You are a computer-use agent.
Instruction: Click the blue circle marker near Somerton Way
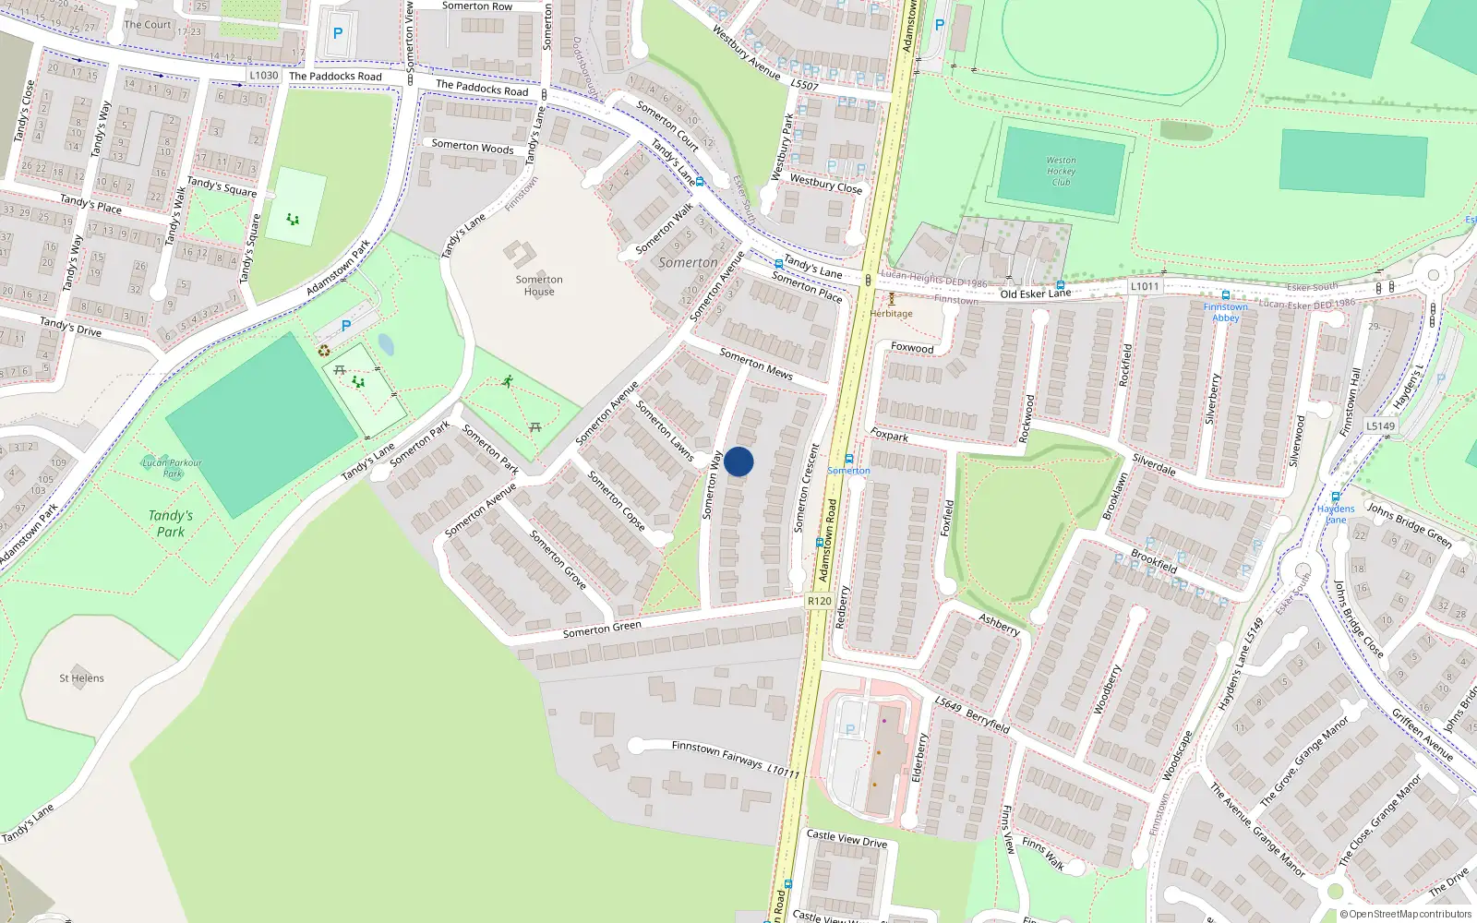pos(738,461)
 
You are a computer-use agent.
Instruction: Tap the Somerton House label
pos(539,285)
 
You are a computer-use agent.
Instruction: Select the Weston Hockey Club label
pos(1061,171)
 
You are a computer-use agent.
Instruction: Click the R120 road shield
pos(819,601)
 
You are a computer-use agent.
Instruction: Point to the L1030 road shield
pos(264,76)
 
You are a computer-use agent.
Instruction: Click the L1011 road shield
pos(1144,286)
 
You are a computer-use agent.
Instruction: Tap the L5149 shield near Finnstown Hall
pos(1380,426)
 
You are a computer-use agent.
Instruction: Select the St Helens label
pos(81,678)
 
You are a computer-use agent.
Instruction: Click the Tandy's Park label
pos(171,523)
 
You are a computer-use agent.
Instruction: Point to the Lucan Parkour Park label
pos(172,468)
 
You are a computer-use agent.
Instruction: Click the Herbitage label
pos(891,314)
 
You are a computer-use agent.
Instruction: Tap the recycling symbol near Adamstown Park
pos(324,351)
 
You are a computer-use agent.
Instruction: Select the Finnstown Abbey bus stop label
pos(1225,312)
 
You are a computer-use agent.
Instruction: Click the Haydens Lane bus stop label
pos(1336,514)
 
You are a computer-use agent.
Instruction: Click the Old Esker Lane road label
pos(1036,294)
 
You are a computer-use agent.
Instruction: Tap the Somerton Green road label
pos(602,629)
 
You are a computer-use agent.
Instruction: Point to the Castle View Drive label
pos(847,839)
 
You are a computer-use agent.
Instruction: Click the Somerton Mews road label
pos(756,365)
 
